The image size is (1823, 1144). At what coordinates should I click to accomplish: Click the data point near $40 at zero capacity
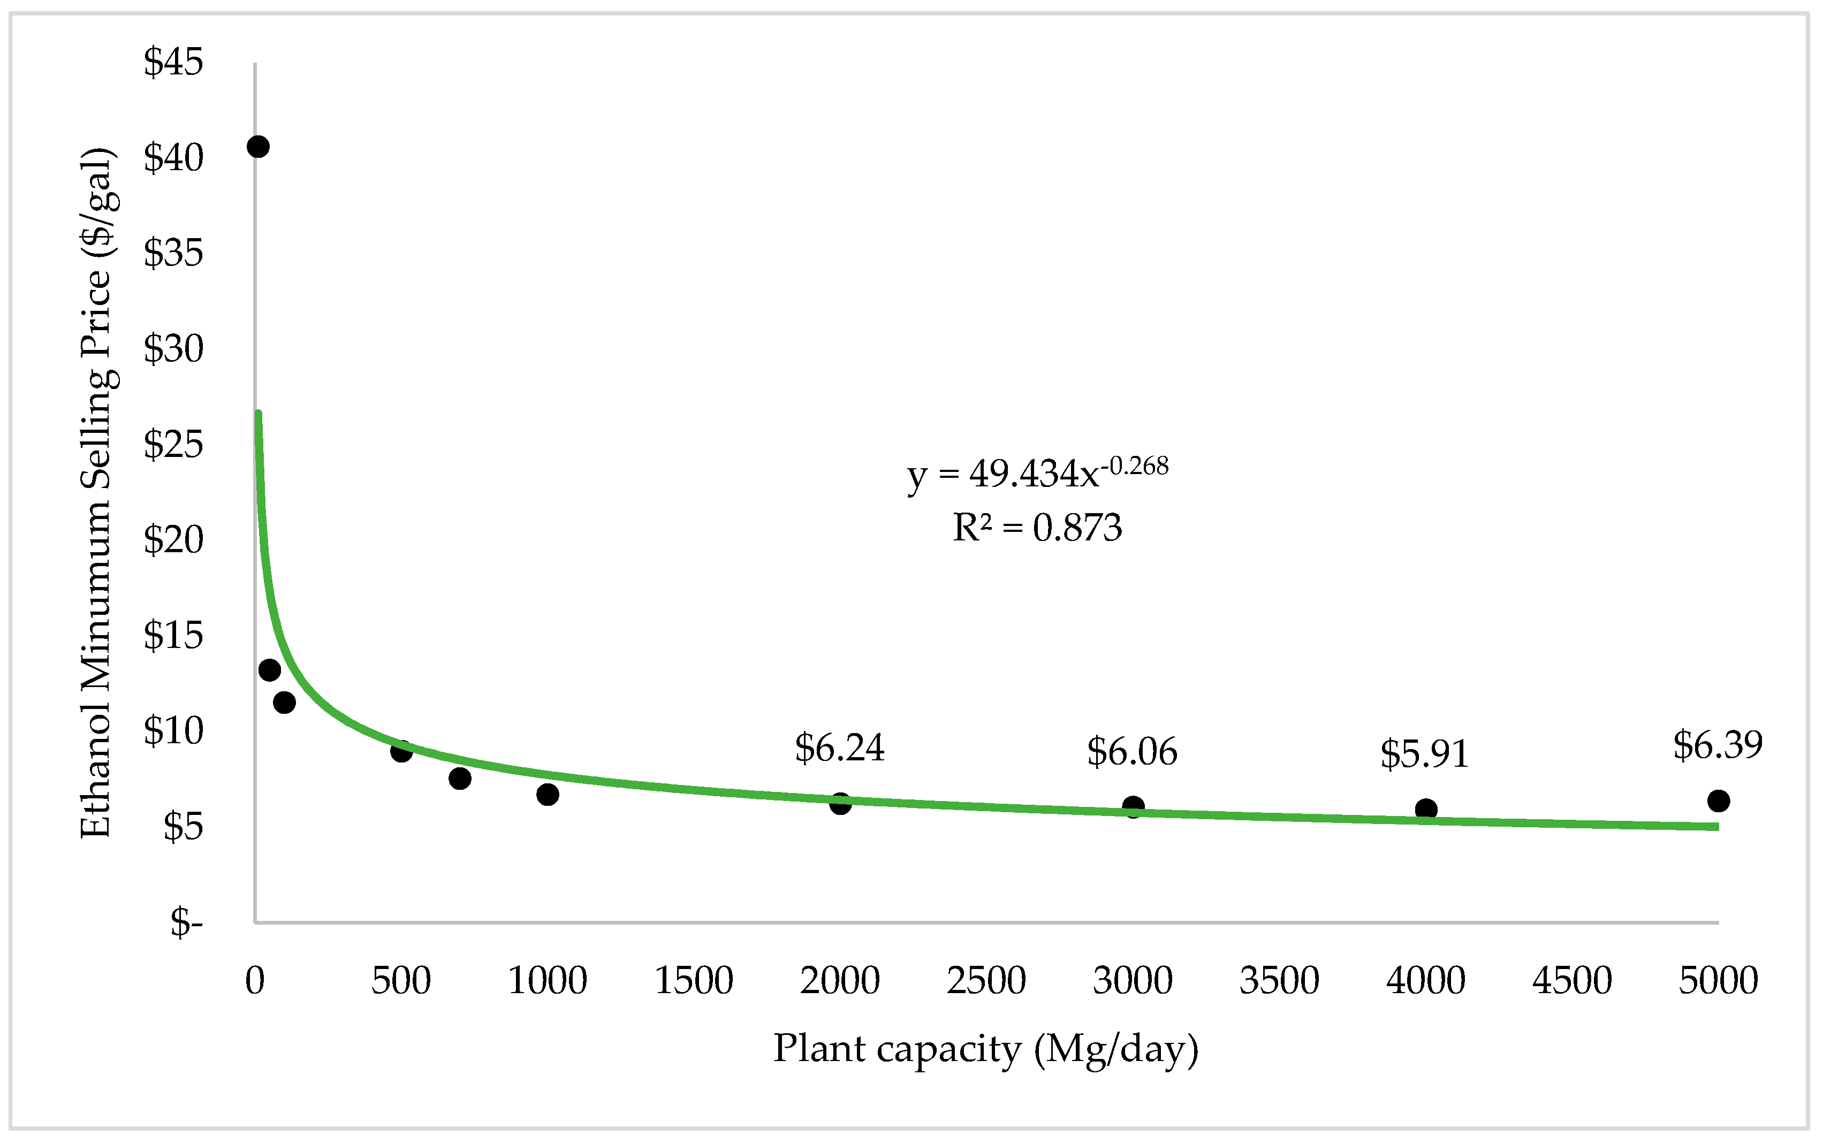(x=258, y=147)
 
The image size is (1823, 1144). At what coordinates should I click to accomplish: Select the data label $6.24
(x=839, y=748)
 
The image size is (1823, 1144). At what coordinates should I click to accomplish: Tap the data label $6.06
(x=1132, y=752)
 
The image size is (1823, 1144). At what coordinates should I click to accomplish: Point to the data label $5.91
(x=1424, y=754)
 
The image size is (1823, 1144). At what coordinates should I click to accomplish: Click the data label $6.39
(x=1718, y=745)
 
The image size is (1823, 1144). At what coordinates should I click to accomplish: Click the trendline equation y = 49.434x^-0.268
(x=1037, y=474)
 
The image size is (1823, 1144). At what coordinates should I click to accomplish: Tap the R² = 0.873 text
(x=1037, y=528)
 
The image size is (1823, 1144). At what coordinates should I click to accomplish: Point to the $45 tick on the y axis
(x=173, y=62)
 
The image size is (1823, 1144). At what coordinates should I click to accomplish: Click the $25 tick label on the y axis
(x=173, y=444)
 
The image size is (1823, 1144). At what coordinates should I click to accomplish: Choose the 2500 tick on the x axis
(x=986, y=981)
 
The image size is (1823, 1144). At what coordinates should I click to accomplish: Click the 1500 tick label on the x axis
(x=693, y=981)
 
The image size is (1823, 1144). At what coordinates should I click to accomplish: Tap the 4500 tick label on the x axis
(x=1572, y=981)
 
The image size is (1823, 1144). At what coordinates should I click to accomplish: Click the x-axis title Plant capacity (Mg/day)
(x=985, y=1049)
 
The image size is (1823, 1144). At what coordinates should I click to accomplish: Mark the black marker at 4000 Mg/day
(x=1426, y=810)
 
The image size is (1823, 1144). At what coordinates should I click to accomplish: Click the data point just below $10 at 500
(x=401, y=751)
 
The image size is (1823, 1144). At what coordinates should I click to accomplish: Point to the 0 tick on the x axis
(x=255, y=981)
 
